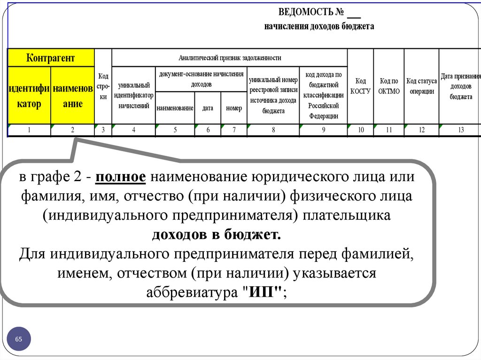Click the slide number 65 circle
(x=19, y=339)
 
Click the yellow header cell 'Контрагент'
(x=50, y=58)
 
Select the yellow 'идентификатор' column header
(x=29, y=96)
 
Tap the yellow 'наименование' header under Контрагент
(x=73, y=96)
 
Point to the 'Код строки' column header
(x=103, y=86)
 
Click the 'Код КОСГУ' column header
(x=360, y=86)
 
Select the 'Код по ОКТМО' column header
(x=388, y=86)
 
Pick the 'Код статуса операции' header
(x=421, y=86)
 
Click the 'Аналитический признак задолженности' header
(x=230, y=58)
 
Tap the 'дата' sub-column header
(x=208, y=108)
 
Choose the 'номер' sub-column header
(x=234, y=108)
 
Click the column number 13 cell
(x=460, y=130)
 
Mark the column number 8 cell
(x=273, y=130)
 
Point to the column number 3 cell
(x=103, y=130)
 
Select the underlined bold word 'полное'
(x=122, y=178)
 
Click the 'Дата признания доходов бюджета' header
(x=460, y=86)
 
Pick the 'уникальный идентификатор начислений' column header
(x=133, y=95)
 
